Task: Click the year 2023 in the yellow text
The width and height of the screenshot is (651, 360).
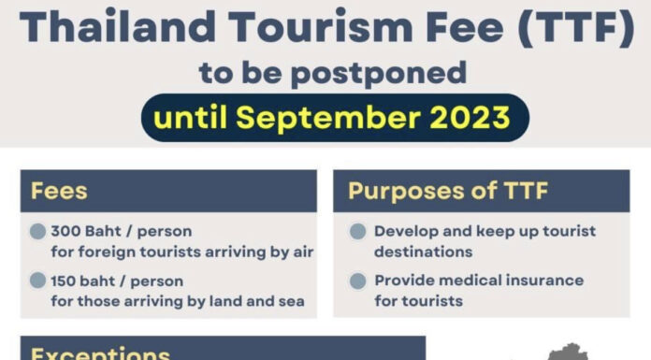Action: tap(467, 118)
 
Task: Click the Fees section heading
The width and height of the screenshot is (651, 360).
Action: tap(58, 192)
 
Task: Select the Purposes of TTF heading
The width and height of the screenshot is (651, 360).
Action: tap(447, 192)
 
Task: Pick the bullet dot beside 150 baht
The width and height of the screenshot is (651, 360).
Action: tap(37, 281)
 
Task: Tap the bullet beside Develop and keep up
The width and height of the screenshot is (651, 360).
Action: tap(356, 232)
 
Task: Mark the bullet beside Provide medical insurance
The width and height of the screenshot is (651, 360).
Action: tap(356, 281)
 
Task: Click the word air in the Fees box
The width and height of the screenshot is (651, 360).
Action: tap(301, 252)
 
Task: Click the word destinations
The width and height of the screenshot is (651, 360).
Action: tap(423, 252)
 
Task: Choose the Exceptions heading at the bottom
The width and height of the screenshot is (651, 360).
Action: tap(100, 353)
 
